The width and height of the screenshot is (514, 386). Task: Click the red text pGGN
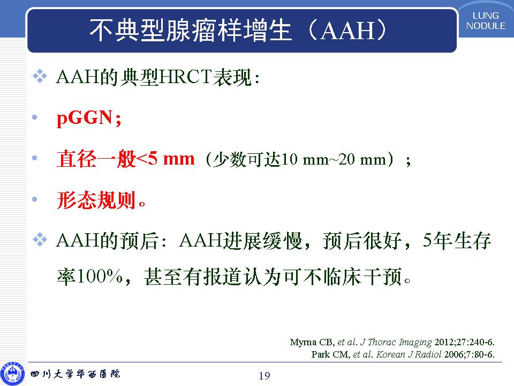point(84,118)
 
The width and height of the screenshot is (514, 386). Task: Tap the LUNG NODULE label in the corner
point(486,21)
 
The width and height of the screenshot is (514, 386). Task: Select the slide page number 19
point(264,375)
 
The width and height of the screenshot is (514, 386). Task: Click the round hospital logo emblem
point(12,374)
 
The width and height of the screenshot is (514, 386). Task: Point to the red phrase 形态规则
point(96,200)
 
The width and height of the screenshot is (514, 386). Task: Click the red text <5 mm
point(165,159)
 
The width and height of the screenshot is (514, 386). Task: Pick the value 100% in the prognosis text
point(100,277)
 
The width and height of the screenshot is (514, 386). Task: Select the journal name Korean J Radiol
point(409,354)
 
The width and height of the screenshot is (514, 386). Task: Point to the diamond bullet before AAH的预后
point(40,240)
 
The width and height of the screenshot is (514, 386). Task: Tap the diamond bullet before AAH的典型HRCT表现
point(40,76)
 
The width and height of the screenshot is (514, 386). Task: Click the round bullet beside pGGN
point(35,117)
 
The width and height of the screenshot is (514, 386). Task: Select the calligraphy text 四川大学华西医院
point(75,374)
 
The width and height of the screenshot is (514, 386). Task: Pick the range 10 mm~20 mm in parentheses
point(334,160)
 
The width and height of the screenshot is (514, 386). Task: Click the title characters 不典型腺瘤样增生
point(191,30)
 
